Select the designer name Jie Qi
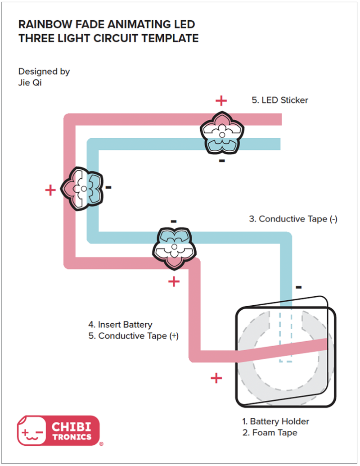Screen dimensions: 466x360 coord(30,83)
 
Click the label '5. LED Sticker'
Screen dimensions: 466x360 coord(279,100)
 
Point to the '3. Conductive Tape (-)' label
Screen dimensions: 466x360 coord(293,219)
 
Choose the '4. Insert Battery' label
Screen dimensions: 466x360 coord(120,324)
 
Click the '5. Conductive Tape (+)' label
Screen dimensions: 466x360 coord(133,336)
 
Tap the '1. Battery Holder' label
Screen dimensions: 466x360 coord(275,421)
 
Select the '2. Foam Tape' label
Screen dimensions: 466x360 coord(270,433)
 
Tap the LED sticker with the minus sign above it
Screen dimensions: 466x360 coord(174,247)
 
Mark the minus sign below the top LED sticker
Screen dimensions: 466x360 coord(222,161)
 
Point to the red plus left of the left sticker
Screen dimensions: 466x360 coord(50,190)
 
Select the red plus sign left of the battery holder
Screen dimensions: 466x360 coord(216,377)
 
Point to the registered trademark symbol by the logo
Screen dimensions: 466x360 coord(101,444)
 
